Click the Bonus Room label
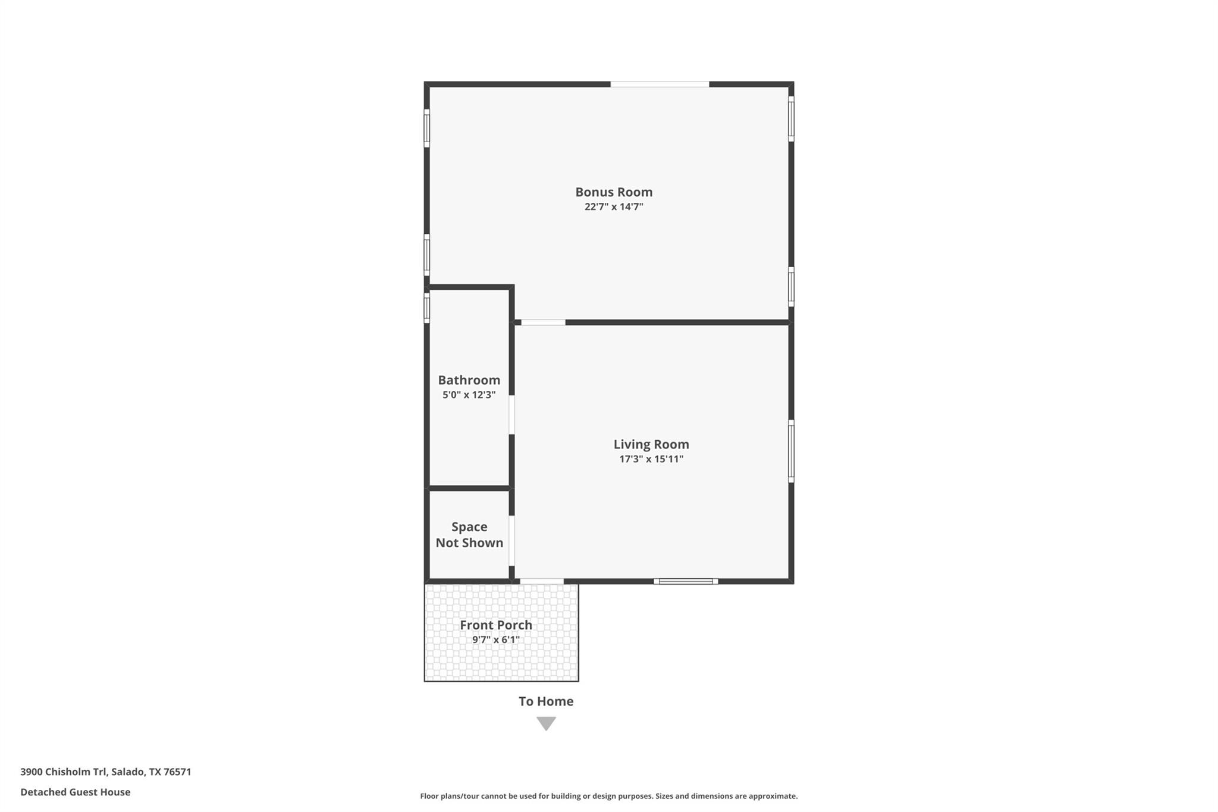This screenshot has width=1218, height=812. (614, 192)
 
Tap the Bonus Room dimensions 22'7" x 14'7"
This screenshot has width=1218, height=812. (614, 207)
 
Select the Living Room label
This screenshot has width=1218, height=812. (651, 444)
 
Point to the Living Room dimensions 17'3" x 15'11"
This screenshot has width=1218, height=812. (651, 459)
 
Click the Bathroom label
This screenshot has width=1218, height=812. (469, 380)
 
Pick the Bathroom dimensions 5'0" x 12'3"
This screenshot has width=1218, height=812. (469, 395)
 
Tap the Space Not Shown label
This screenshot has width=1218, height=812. (469, 535)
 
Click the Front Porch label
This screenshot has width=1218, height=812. (496, 625)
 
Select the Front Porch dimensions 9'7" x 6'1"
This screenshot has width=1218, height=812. (496, 640)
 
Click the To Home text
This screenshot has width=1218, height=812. (546, 701)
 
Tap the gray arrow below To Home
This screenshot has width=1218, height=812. (546, 723)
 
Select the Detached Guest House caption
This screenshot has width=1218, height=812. (76, 792)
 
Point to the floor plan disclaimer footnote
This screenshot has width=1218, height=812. (608, 796)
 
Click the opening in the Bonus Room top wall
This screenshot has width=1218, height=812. (660, 84)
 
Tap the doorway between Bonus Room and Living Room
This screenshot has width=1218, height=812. (543, 322)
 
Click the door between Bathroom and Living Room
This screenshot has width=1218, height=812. (511, 415)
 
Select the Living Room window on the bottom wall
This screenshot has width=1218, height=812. (686, 581)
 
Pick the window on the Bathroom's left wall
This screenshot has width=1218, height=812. (426, 308)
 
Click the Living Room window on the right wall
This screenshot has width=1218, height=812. (791, 450)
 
